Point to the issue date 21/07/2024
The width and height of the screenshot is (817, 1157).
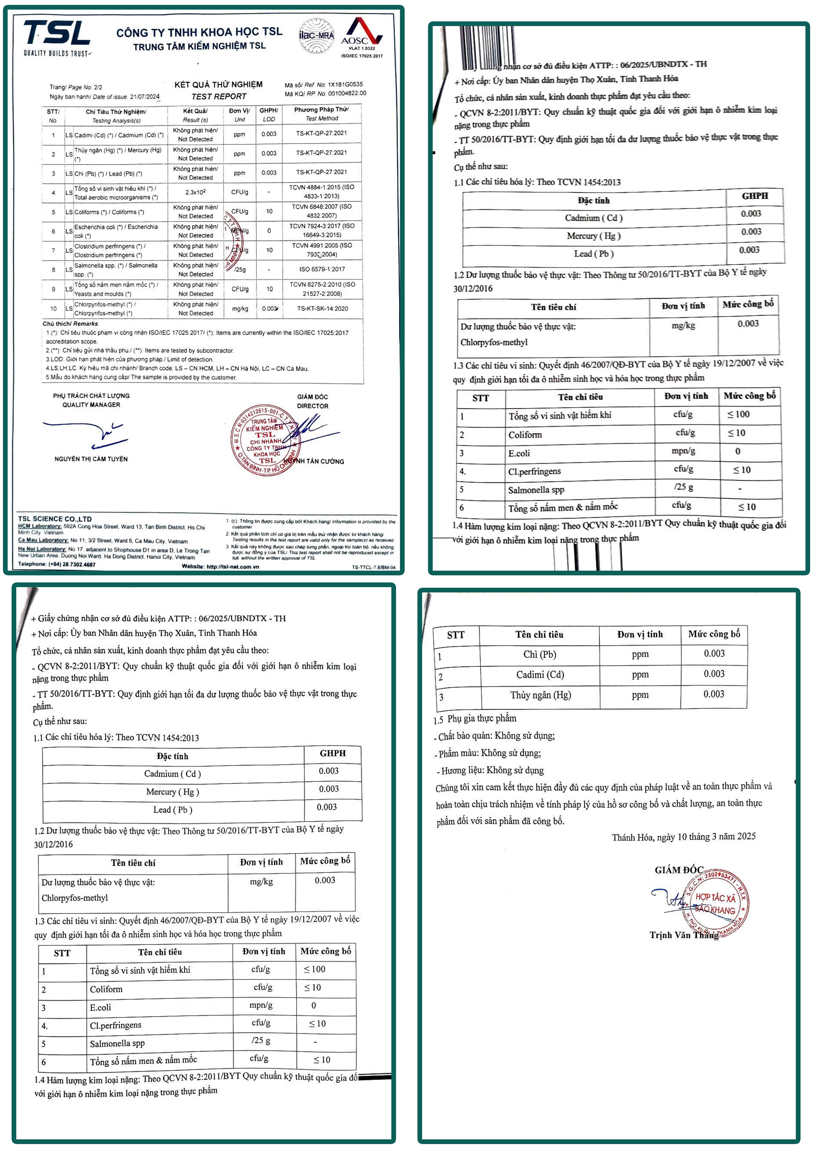pos(145,97)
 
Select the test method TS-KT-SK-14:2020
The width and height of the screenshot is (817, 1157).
pos(322,308)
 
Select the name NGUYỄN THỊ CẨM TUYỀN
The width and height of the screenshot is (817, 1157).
pos(91,459)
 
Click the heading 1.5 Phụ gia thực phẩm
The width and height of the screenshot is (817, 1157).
pos(475,719)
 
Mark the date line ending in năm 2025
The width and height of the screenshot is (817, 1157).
pos(683,837)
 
